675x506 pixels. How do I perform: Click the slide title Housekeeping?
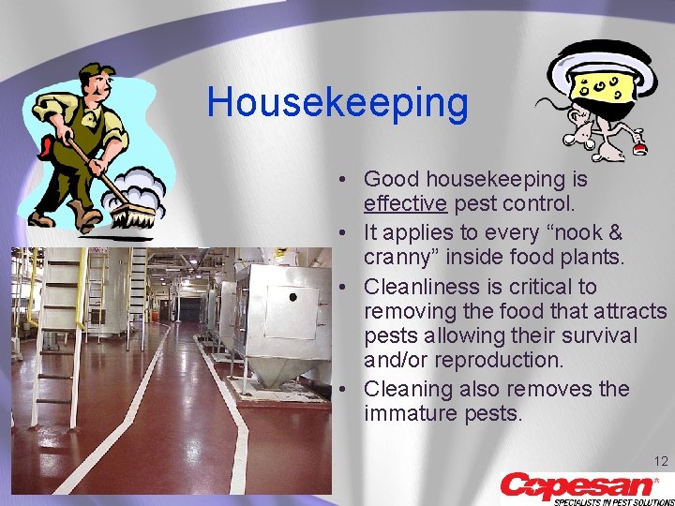(x=337, y=102)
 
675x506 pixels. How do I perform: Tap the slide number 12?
(x=660, y=461)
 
